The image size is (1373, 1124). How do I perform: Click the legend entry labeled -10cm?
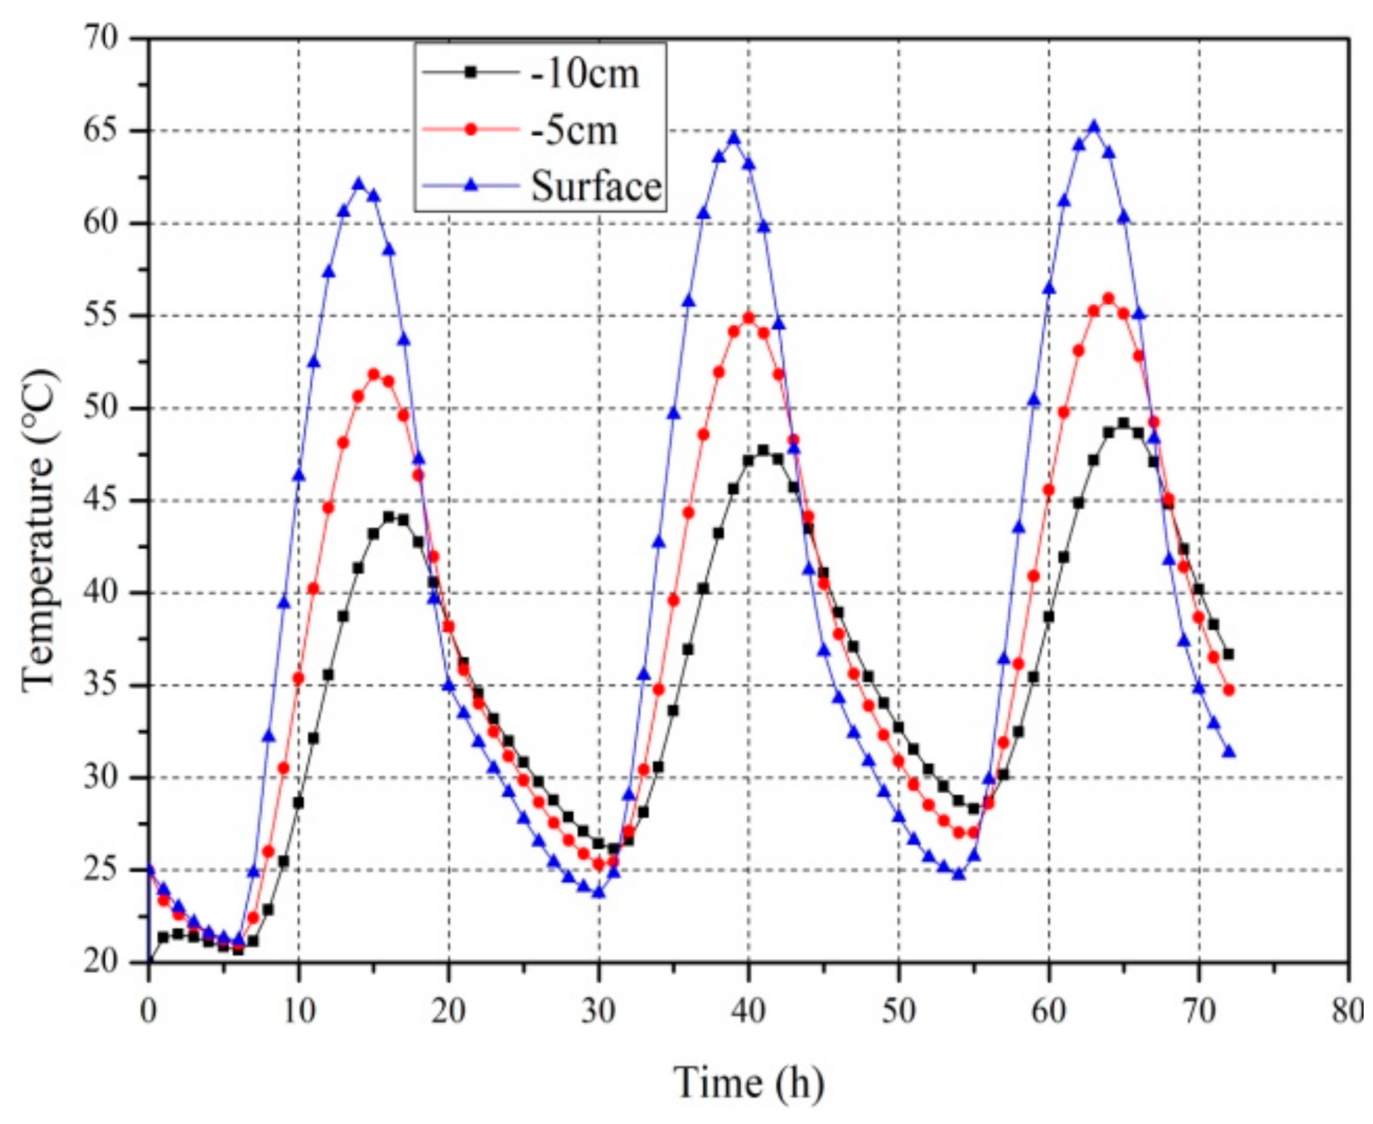click(585, 73)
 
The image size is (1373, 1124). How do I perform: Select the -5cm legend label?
click(574, 130)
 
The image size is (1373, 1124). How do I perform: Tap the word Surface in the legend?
click(596, 186)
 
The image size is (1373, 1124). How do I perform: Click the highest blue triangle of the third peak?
click(1094, 127)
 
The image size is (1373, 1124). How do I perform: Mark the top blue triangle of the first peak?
click(359, 184)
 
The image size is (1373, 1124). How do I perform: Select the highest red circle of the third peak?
click(1109, 298)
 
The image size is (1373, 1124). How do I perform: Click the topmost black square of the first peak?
click(389, 516)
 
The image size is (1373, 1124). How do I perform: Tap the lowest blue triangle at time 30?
click(599, 893)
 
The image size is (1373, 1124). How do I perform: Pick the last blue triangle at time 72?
click(1229, 752)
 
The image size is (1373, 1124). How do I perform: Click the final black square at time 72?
click(1229, 654)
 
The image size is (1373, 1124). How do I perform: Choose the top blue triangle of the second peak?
click(733, 138)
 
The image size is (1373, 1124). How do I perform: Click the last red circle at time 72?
click(1229, 690)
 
